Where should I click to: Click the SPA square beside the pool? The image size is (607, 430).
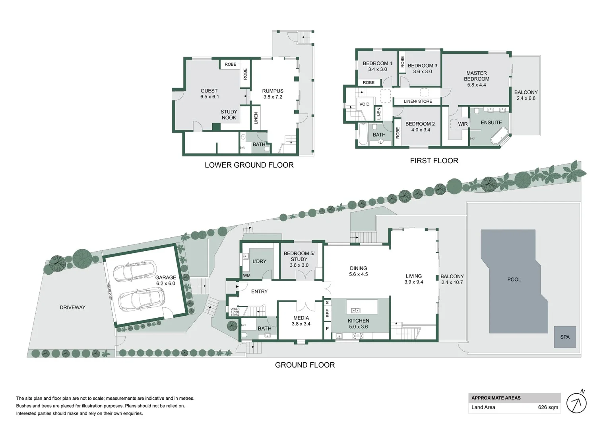[565, 337]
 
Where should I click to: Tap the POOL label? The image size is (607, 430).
[514, 279]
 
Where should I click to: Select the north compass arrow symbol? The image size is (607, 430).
[577, 403]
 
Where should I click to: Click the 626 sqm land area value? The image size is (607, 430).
[548, 407]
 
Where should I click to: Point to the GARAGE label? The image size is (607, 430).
[165, 278]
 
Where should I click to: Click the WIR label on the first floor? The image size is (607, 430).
[463, 124]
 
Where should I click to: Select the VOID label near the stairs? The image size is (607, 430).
[365, 104]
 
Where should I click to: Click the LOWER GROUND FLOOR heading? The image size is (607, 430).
[249, 165]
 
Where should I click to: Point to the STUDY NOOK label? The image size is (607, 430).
[229, 115]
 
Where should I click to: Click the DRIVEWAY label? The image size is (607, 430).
[72, 307]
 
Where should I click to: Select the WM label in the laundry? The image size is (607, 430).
[247, 276]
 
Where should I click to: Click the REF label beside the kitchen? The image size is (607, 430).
[328, 314]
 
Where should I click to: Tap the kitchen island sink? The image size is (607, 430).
[356, 310]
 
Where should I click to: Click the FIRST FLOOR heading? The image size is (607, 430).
[434, 161]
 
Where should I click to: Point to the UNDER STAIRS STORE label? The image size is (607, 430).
[235, 312]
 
